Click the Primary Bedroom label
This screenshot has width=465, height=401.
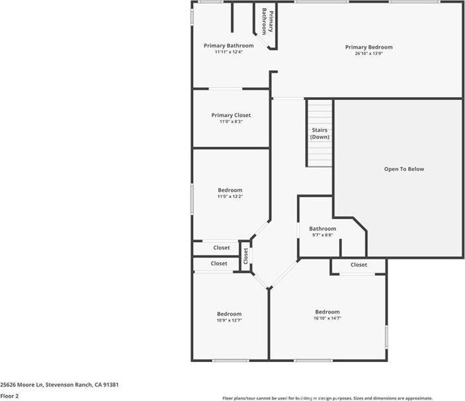coord(368,47)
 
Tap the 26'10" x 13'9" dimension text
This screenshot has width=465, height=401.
coord(368,54)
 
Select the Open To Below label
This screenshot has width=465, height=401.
coord(404,169)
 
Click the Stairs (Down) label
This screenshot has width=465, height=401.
coord(319,134)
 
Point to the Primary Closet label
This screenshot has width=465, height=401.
coord(231,115)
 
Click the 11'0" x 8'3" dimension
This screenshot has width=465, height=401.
coord(231,122)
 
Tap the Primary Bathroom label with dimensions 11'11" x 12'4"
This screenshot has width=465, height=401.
coord(228,46)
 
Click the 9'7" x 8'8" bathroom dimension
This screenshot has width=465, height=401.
coord(322,235)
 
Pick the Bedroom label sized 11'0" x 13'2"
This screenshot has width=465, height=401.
coord(230,190)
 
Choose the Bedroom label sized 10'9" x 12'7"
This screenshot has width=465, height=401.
coord(230,314)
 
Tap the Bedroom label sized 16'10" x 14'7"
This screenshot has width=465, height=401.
coord(327,312)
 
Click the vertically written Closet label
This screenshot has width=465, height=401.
coord(245,255)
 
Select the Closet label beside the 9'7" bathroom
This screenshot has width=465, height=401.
coord(359,265)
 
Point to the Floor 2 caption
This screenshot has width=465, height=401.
coord(9,396)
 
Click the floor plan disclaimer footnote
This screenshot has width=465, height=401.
coord(327,398)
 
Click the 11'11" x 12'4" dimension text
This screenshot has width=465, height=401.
coord(228,52)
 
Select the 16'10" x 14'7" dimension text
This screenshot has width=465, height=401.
coord(327,318)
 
